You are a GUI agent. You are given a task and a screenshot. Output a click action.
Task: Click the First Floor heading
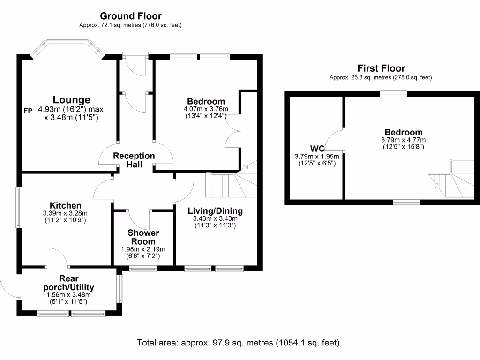coord(381,68)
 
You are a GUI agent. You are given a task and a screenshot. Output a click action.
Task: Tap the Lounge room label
coord(71,100)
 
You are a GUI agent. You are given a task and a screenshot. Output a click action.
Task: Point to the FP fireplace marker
coord(29,111)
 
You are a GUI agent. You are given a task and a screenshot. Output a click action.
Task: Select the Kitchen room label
coord(66,205)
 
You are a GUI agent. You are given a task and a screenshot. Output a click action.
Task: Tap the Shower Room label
coord(143,237)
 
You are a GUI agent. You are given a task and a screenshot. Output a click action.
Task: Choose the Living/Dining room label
coord(215,210)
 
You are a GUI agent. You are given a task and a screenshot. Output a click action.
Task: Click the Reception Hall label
coord(134,160)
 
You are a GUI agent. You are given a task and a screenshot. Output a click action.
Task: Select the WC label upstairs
coord(316,149)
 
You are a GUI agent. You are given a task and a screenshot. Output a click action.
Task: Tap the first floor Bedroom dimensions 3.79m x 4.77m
coord(404,140)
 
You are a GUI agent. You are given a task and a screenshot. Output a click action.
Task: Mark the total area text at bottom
coord(238,343)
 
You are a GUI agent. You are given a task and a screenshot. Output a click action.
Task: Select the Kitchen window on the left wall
coord(19,208)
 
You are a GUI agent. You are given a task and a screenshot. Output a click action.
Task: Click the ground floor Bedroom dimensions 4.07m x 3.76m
coord(206,109)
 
